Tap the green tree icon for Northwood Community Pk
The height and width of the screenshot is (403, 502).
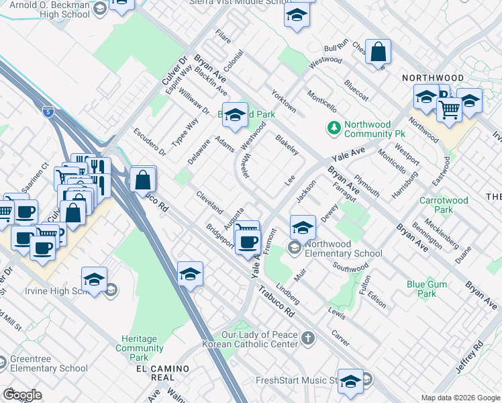click(x=334, y=127)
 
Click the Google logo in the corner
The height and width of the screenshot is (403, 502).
click(x=22, y=395)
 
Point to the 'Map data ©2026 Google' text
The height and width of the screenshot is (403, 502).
click(x=460, y=398)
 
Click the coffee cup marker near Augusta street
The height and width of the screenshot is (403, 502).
click(x=248, y=240)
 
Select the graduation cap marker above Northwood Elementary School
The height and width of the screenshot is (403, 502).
click(x=303, y=228)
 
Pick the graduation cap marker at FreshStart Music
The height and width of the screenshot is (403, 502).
click(x=350, y=381)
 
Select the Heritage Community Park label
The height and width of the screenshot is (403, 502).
click(x=139, y=344)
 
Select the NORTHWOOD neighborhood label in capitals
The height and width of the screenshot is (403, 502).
click(x=433, y=79)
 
